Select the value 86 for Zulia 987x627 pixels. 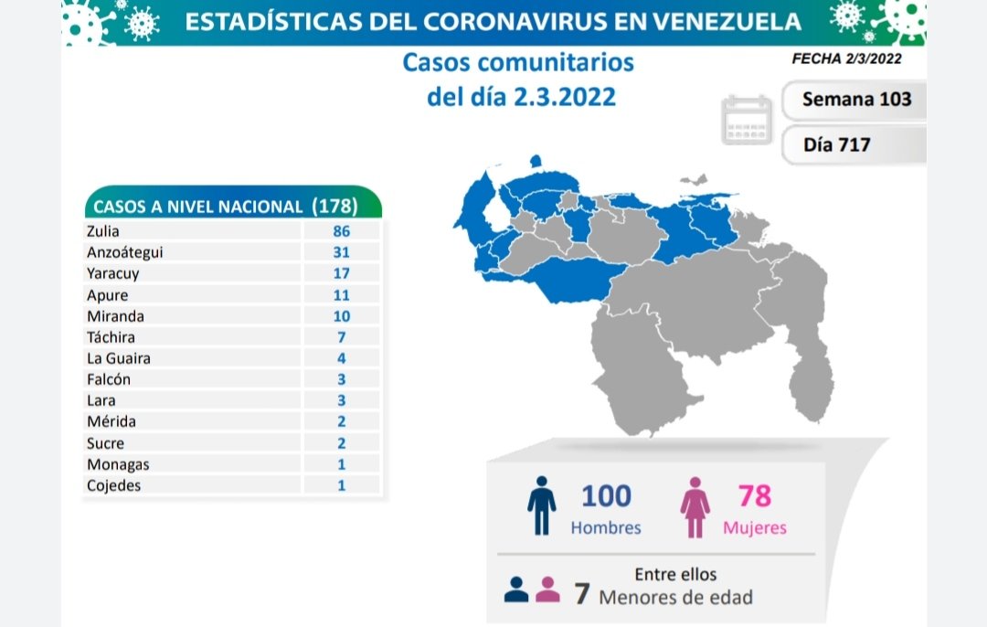[341, 231]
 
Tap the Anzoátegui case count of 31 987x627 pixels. [341, 252]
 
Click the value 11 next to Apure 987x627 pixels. [341, 295]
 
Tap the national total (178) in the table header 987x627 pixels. [334, 206]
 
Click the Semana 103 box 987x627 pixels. [855, 99]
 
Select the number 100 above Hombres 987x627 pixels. [606, 496]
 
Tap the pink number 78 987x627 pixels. [754, 496]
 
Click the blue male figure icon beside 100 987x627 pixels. [541, 505]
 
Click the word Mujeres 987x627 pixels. [754, 527]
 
